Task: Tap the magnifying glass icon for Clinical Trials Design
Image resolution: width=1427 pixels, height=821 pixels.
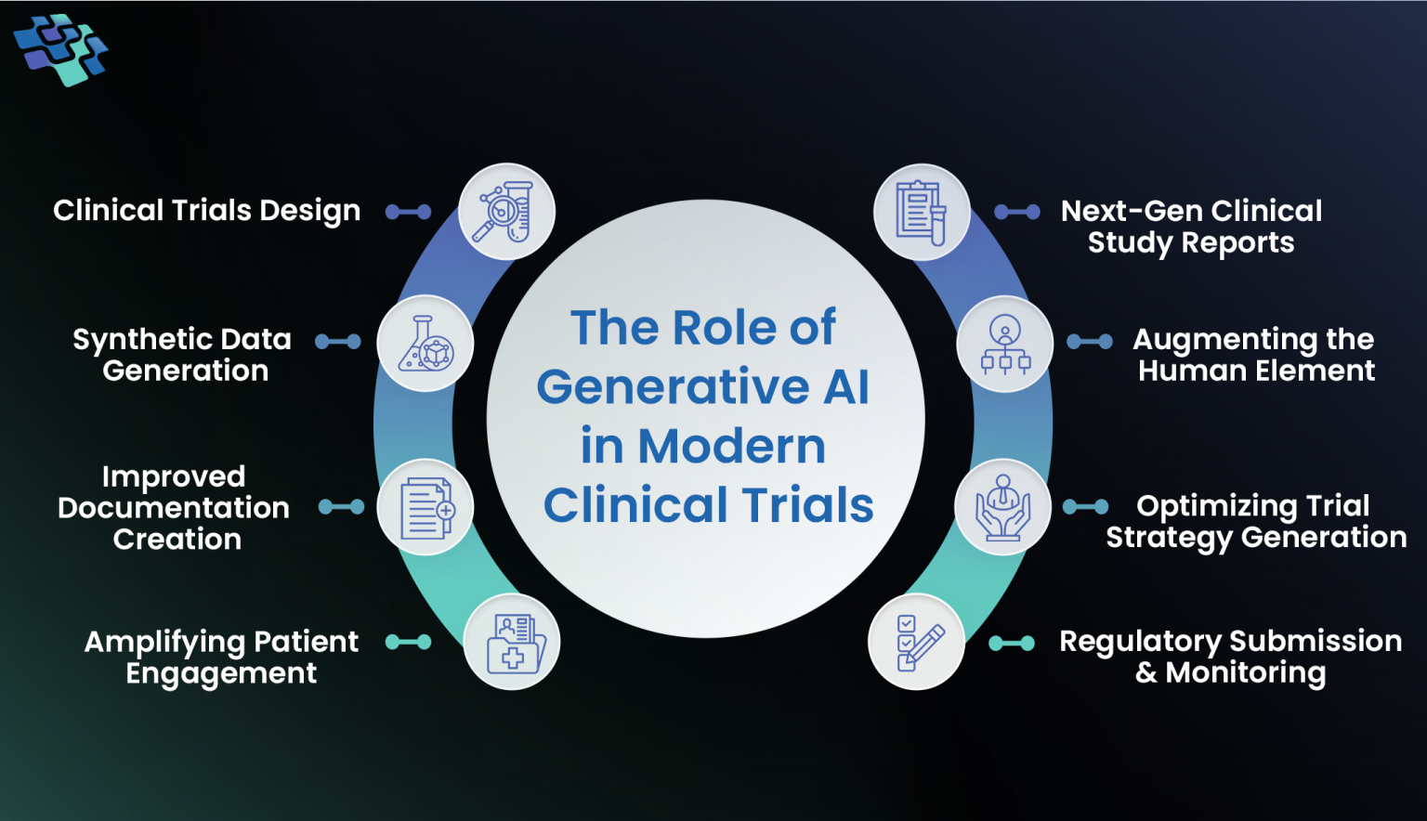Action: pyautogui.click(x=506, y=212)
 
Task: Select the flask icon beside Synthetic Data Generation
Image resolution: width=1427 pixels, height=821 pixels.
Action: pyautogui.click(x=425, y=344)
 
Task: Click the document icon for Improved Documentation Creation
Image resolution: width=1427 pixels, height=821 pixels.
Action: pyautogui.click(x=425, y=508)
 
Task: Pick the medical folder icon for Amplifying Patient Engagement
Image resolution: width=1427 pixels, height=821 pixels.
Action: pyautogui.click(x=512, y=642)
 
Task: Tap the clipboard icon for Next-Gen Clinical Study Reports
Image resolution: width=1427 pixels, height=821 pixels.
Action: pyautogui.click(x=922, y=213)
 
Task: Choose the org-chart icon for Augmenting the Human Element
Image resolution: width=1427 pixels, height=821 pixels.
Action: pyautogui.click(x=1004, y=344)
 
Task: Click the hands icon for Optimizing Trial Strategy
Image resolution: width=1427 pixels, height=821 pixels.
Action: pyautogui.click(x=1002, y=508)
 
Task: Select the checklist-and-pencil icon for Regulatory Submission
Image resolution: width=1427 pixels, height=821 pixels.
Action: pyautogui.click(x=917, y=642)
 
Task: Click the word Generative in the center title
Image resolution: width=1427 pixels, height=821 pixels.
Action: pyautogui.click(x=673, y=386)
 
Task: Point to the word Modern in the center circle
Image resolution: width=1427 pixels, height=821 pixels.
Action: pyautogui.click(x=731, y=447)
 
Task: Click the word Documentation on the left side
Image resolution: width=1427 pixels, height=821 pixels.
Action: pyautogui.click(x=174, y=508)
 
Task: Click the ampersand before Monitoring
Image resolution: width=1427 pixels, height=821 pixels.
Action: pyautogui.click(x=1146, y=673)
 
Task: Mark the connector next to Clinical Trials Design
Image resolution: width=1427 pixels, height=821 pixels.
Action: pyautogui.click(x=409, y=212)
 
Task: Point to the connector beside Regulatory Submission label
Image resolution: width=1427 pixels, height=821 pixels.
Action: pyautogui.click(x=1012, y=643)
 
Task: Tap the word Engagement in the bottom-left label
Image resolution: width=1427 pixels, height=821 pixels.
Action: pyautogui.click(x=221, y=674)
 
